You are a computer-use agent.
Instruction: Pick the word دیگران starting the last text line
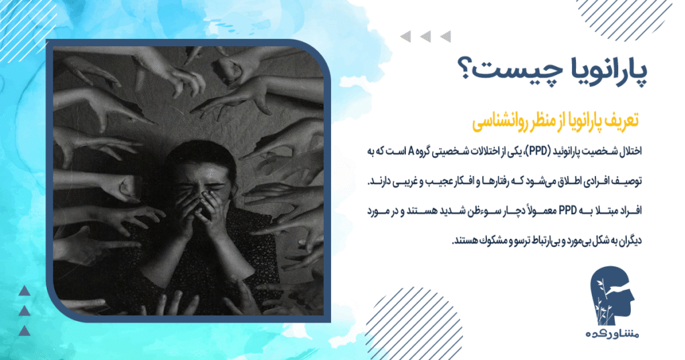[x=629, y=240]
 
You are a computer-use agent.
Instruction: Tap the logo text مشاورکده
[x=612, y=334]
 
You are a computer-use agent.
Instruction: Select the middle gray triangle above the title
[x=425, y=37]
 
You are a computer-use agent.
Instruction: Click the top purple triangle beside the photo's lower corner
[x=25, y=290]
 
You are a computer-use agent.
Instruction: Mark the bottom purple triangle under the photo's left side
[x=25, y=331]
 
